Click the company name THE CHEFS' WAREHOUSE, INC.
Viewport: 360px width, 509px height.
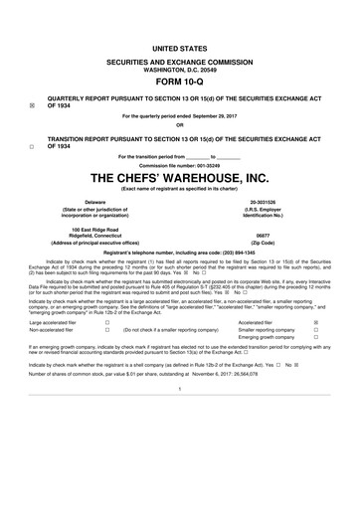tap(180, 179)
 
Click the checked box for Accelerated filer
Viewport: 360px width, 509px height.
tap(316, 323)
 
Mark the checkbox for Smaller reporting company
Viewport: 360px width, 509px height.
tap(316, 331)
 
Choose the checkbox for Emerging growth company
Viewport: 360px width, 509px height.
tap(316, 339)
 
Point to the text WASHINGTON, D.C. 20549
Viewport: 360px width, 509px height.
tap(180, 68)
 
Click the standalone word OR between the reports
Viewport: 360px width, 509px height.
tap(180, 125)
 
